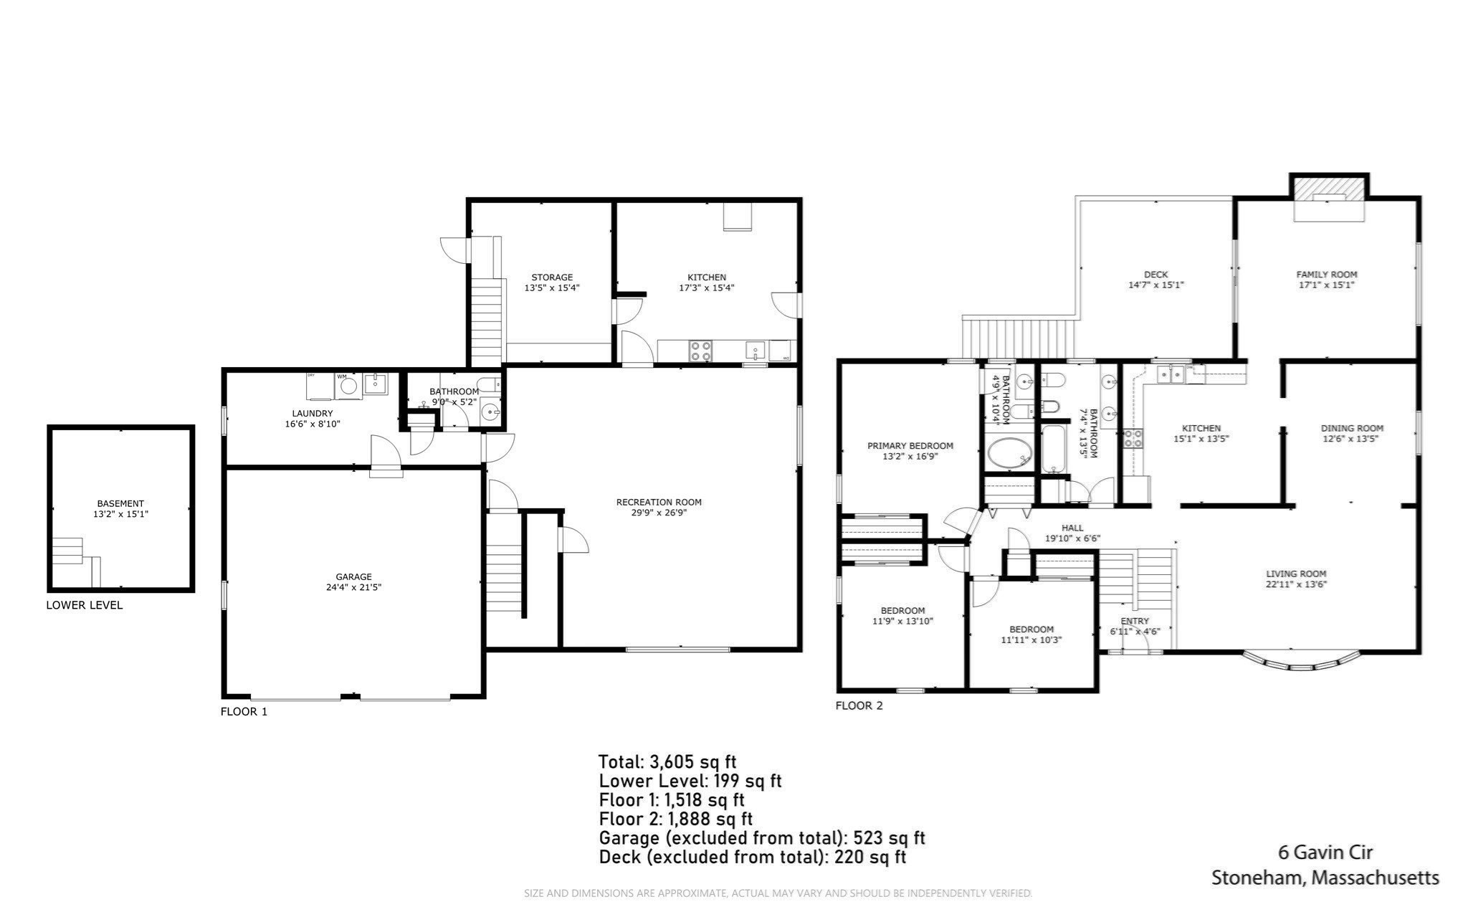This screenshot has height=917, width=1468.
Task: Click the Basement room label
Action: pos(120,503)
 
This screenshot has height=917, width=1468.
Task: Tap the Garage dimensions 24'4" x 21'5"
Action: pos(353,587)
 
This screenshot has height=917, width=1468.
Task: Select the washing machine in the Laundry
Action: pos(349,386)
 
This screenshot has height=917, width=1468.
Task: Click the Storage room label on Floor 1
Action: pos(552,277)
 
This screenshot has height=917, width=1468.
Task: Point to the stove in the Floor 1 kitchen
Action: pos(700,351)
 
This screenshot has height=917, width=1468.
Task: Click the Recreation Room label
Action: pos(659,502)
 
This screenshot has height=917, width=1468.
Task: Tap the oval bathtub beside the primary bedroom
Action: pos(1009,453)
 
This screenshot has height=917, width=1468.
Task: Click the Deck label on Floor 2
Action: pos(1155,275)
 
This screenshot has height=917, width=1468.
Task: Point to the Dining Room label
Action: pos(1352,428)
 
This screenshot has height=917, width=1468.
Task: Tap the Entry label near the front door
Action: pos(1135,621)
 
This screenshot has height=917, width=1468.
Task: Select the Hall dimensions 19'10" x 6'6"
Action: pos(1072,538)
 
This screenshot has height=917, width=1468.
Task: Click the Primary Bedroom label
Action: pos(910,445)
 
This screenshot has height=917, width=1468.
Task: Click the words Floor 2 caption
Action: pos(859,705)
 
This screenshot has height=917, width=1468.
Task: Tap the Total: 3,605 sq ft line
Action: pos(667,761)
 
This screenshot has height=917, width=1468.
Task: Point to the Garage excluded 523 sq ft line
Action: pos(761,837)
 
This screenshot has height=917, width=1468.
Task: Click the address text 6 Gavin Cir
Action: pos(1325,852)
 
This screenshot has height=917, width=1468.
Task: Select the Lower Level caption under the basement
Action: pos(85,605)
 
